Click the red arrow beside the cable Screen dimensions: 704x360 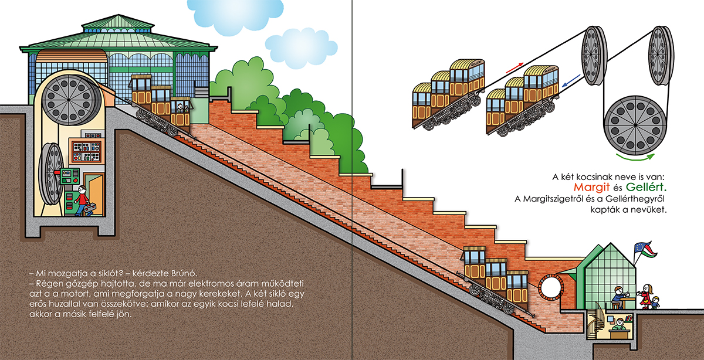click(x=515, y=68)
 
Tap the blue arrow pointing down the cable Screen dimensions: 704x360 click(x=571, y=80)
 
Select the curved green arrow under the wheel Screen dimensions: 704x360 click(x=635, y=157)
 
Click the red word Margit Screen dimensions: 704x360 click(x=591, y=188)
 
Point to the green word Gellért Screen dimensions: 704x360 click(x=646, y=188)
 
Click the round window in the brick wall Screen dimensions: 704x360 click(x=551, y=287)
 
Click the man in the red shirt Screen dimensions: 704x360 click(x=82, y=201)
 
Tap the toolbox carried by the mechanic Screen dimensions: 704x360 click(x=90, y=209)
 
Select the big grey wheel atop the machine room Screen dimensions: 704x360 click(x=69, y=100)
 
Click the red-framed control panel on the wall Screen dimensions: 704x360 click(x=86, y=151)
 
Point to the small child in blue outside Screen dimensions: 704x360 click(x=655, y=303)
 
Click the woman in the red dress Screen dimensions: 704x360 click(x=645, y=296)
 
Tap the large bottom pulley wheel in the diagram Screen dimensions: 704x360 click(x=635, y=125)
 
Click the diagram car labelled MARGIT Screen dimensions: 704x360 click(x=522, y=100)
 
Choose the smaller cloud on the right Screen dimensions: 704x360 click(x=301, y=47)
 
